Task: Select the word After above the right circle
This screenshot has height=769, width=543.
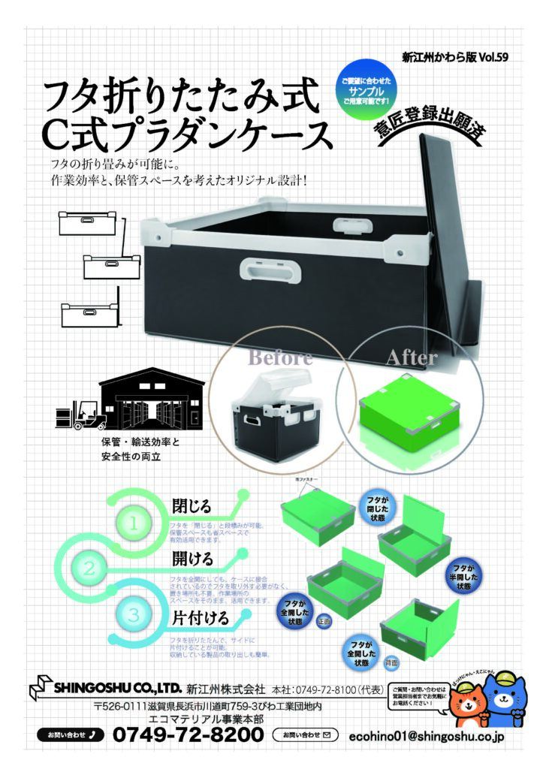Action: (411, 358)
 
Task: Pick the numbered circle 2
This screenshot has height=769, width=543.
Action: (90, 568)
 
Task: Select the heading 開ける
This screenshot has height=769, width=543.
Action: (192, 559)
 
